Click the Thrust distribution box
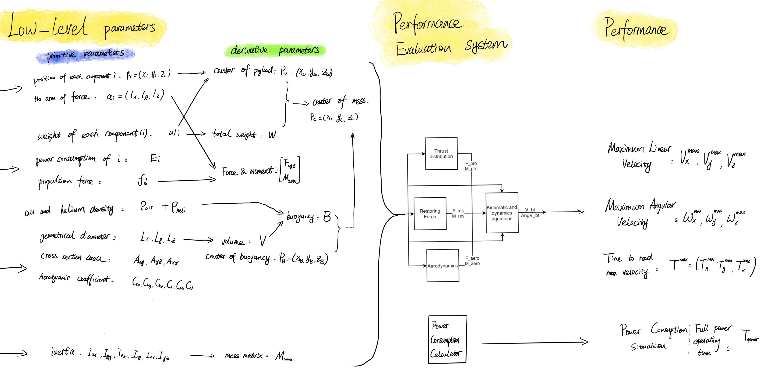point(441,153)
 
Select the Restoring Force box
point(430,214)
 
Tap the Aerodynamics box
point(443,266)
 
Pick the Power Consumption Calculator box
point(447,339)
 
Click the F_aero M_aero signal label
point(472,261)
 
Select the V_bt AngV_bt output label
point(530,213)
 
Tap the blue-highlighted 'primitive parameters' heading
point(85,55)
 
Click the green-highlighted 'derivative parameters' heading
point(275,50)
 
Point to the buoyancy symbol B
point(327,217)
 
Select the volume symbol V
point(263,241)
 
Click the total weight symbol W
point(272,135)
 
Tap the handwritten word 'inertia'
point(63,352)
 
